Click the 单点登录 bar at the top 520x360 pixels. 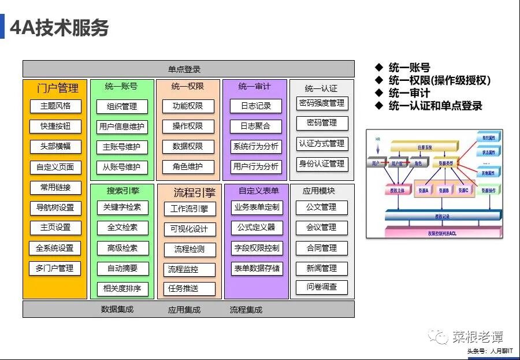(188, 69)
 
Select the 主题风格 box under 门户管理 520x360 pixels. (55, 106)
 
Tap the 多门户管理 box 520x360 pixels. (55, 268)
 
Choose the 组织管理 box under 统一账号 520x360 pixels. (122, 106)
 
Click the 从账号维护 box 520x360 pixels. (122, 167)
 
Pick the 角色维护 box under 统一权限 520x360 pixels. (188, 167)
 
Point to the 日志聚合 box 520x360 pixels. (255, 126)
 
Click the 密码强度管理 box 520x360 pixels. (322, 103)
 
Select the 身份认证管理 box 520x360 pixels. (322, 164)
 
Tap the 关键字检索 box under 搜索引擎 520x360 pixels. (122, 207)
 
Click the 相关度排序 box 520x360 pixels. (122, 288)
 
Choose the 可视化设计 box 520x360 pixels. (189, 229)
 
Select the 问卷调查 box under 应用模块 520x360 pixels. (322, 287)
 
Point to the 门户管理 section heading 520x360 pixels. (57, 88)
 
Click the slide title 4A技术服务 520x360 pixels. (60, 28)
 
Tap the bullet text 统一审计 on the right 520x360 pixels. (409, 93)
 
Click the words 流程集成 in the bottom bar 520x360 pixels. (246, 310)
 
